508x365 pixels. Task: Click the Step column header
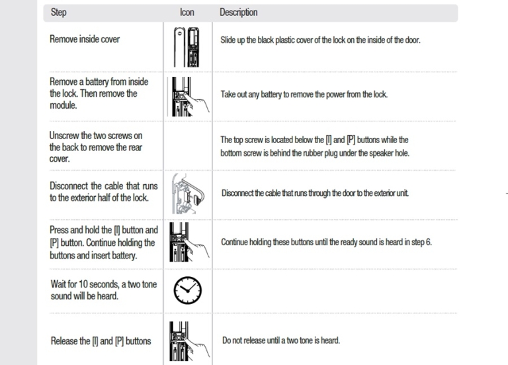tap(59, 13)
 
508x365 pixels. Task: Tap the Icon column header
tap(187, 13)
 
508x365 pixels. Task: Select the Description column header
tap(238, 13)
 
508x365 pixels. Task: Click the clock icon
tap(188, 290)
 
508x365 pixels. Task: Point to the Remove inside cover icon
tap(187, 47)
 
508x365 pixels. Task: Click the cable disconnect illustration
tap(188, 193)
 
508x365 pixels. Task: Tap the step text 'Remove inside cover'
tap(85, 39)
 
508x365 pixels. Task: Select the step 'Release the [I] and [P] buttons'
tap(101, 341)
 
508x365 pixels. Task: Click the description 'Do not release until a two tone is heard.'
tap(281, 340)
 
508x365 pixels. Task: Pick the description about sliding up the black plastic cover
tap(320, 40)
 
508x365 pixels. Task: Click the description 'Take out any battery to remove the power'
tap(304, 95)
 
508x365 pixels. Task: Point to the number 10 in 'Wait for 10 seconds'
tap(83, 284)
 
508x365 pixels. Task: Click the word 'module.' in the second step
tap(63, 105)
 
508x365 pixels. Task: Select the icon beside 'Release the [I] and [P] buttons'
tap(189, 341)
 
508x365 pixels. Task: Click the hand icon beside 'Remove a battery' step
tap(189, 96)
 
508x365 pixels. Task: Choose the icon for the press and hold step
tap(189, 242)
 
